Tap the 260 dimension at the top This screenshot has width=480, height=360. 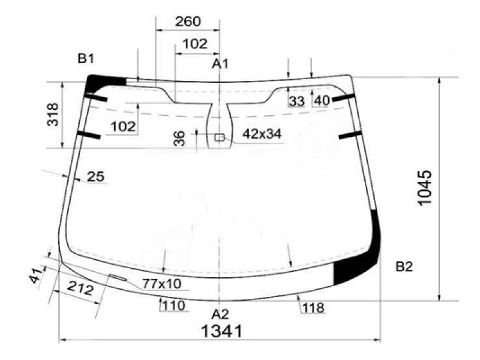point(188,22)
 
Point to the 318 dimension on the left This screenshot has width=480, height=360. point(53,114)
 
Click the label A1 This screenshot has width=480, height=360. point(220,63)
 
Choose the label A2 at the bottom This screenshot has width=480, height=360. point(220,314)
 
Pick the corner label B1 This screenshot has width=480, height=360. point(86,58)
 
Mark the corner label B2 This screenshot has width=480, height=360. point(404,267)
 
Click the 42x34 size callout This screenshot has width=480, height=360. point(262,134)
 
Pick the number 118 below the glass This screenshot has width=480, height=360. point(313,308)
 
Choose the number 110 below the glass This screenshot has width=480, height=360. point(173,306)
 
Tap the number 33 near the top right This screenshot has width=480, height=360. point(296,101)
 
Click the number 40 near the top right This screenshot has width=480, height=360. point(322,101)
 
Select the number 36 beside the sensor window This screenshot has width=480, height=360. point(179,139)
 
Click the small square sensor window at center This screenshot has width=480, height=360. point(220,137)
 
